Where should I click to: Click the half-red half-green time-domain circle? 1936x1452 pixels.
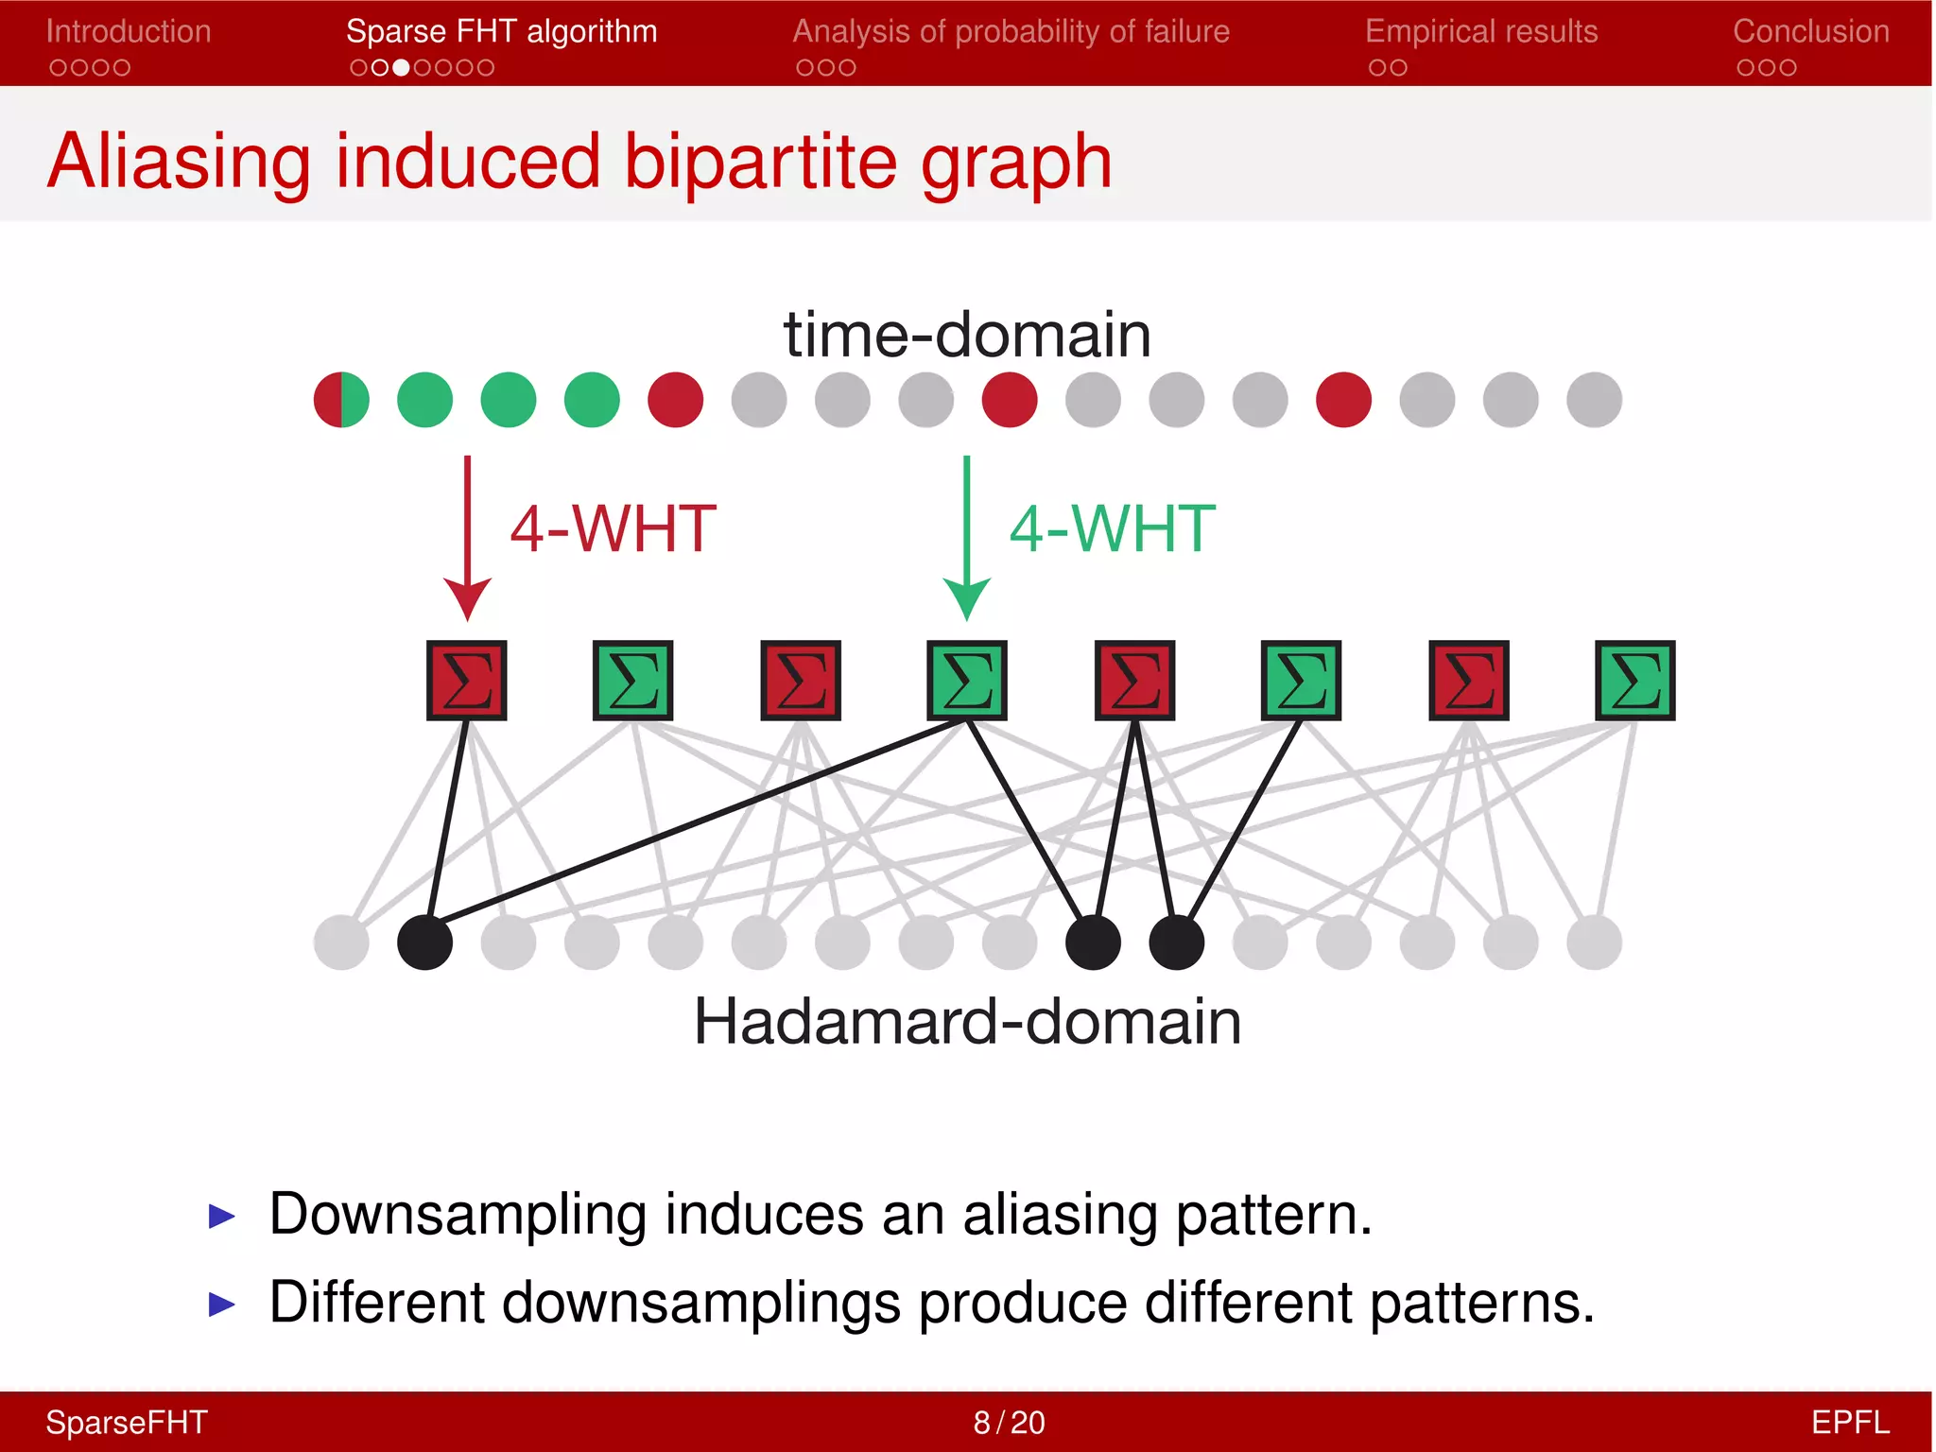pos(341,400)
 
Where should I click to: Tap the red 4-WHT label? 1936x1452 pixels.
pos(613,528)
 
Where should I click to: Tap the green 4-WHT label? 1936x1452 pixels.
pos(1112,528)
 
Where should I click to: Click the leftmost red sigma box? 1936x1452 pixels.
pos(467,681)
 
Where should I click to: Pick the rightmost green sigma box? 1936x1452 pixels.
pos(1634,681)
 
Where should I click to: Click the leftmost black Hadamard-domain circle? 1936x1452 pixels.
pos(425,942)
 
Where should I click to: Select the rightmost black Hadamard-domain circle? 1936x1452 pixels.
pos(1176,942)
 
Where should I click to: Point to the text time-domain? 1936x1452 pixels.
pos(967,335)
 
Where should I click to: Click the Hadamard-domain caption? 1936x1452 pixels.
pos(967,1022)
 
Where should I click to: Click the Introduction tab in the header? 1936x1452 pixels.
pos(129,32)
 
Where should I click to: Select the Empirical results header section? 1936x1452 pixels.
pos(1481,32)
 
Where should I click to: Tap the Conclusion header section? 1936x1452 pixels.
pos(1810,32)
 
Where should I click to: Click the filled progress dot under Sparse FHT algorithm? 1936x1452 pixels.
pos(401,68)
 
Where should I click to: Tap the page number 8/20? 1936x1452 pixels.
pos(1009,1422)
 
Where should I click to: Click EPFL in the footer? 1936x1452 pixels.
pos(1849,1422)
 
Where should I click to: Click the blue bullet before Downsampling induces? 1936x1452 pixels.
pos(221,1216)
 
